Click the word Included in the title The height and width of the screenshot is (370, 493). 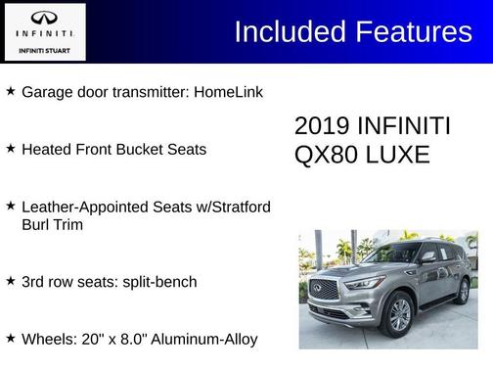coord(285,32)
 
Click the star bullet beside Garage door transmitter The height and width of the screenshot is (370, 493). coord(10,91)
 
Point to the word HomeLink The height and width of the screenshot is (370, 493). coord(229,91)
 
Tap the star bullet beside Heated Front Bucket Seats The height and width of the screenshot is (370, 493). coord(10,149)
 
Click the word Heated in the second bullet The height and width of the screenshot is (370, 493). coord(47,149)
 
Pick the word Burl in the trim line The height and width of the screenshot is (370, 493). coord(36,224)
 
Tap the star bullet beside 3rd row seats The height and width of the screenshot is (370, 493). coord(10,282)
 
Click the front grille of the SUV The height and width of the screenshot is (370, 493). coord(324,289)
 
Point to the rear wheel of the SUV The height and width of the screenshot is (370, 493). coord(463,291)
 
